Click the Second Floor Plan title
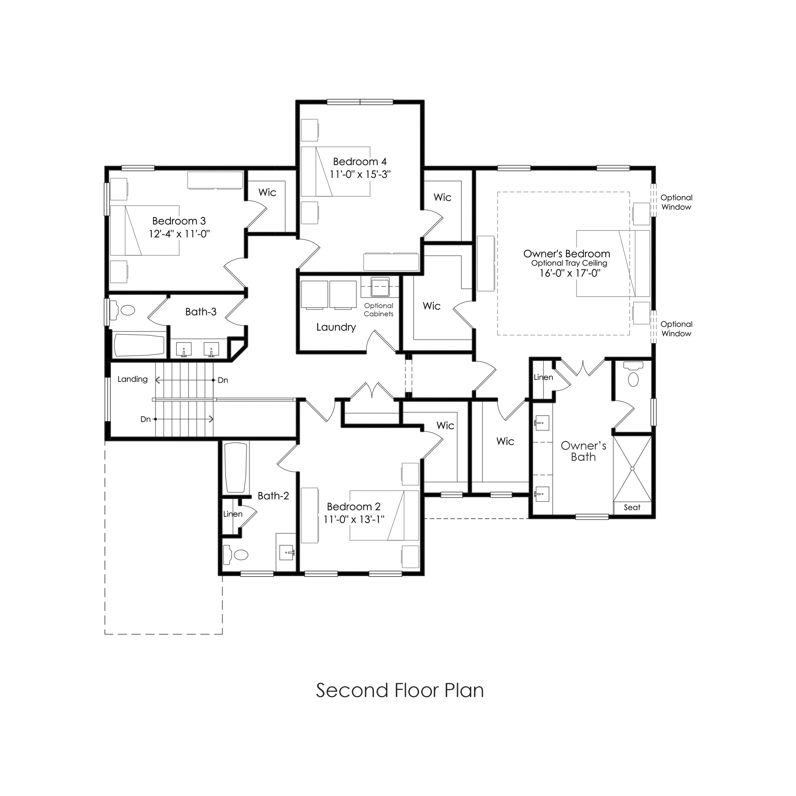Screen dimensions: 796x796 400,690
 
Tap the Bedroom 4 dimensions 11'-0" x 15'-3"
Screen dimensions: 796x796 360,174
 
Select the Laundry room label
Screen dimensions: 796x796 336,327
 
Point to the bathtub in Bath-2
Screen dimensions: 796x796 236,468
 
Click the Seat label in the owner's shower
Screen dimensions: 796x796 632,508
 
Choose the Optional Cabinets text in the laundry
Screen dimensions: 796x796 378,310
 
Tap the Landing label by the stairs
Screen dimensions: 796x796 132,379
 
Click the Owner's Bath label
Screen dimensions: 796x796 583,451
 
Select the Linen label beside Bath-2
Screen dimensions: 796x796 233,514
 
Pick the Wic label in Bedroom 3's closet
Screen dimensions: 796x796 267,192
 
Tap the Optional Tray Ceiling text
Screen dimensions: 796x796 569,263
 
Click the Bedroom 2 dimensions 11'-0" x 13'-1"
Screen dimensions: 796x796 354,520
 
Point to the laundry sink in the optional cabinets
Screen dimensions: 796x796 380,287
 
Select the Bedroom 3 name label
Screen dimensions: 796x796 179,221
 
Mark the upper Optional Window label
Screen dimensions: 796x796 676,202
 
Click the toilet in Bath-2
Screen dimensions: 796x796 236,555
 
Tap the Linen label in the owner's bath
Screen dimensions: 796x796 543,377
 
